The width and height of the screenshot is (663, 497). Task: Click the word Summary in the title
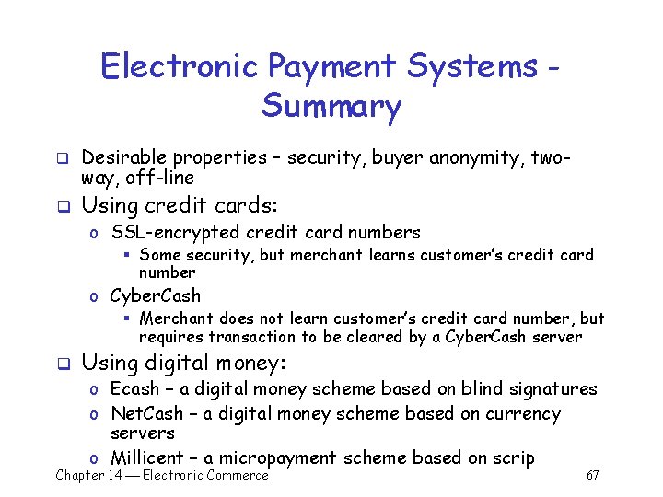tap(331, 107)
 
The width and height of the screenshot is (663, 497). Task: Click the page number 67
tap(592, 475)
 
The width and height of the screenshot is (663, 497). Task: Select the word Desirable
tap(124, 157)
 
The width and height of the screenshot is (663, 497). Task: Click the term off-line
tap(157, 177)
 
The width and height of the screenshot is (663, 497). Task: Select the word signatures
tap(550, 389)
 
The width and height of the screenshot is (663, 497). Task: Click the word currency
tap(518, 414)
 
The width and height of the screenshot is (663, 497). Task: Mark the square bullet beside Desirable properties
tap(63, 158)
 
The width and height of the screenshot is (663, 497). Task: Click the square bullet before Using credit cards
tap(63, 206)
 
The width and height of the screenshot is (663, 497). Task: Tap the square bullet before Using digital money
tap(63, 364)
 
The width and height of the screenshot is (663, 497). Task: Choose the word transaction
tap(245, 337)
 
